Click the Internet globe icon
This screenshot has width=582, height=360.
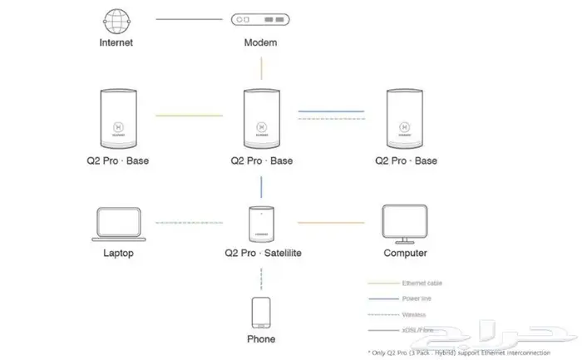(x=116, y=19)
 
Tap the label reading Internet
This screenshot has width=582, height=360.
(x=116, y=42)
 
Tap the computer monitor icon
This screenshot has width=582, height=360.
(x=405, y=222)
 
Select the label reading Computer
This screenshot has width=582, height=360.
(x=405, y=253)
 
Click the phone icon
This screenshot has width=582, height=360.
(x=261, y=313)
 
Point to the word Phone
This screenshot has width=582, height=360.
(x=261, y=339)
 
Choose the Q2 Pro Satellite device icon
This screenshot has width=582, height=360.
(x=261, y=222)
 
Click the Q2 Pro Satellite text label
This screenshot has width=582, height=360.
(x=261, y=253)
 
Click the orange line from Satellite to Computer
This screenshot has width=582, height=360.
(x=330, y=223)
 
